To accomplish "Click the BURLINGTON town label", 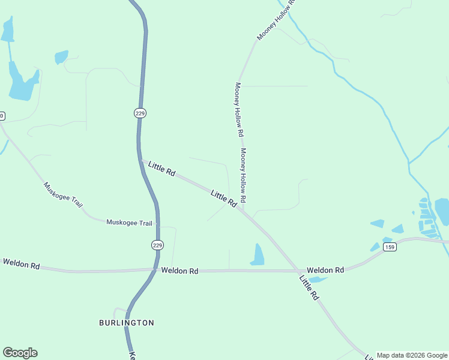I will click(126, 323).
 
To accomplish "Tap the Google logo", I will click(20, 353).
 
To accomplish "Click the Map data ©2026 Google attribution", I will click(412, 355).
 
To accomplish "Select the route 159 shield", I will click(390, 247).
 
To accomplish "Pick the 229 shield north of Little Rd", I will click(140, 113).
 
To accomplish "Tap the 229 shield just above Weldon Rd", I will click(157, 245).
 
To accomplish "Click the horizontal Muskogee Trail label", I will click(129, 223).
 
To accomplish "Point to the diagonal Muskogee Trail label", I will click(62, 194).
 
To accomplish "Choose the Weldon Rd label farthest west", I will click(21, 264).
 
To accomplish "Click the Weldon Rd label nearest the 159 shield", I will click(325, 271).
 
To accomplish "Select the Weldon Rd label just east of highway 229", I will click(179, 271).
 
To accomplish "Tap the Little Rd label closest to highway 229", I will click(161, 169).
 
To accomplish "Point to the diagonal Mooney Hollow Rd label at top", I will click(276, 20).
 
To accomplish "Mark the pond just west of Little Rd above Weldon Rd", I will click(258, 256).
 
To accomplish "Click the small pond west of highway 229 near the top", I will click(61, 57).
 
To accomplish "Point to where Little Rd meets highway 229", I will click(142, 160).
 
